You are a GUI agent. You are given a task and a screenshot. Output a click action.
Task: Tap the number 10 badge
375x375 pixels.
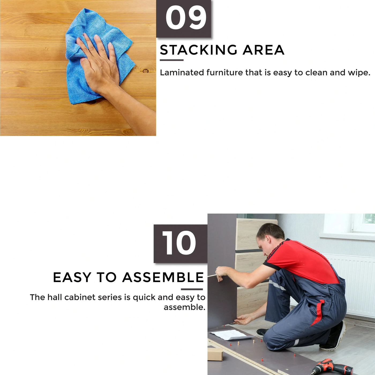click(180, 243)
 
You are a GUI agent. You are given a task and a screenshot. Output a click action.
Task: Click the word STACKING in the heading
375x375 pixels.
click(198, 50)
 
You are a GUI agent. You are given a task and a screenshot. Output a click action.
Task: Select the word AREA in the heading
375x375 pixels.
click(263, 50)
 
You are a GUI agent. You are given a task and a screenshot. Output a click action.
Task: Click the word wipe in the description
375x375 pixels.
click(359, 73)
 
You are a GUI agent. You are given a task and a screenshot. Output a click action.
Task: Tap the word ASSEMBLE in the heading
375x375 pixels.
click(163, 277)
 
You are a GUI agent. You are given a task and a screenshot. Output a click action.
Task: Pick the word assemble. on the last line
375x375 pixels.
click(184, 307)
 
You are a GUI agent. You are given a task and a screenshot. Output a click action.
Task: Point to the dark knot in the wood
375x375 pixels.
click(146, 71)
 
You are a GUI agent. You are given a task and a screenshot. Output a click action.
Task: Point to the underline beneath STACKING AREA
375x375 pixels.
click(171, 60)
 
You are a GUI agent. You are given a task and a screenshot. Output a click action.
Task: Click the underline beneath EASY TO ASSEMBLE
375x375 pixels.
click(192, 289)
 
